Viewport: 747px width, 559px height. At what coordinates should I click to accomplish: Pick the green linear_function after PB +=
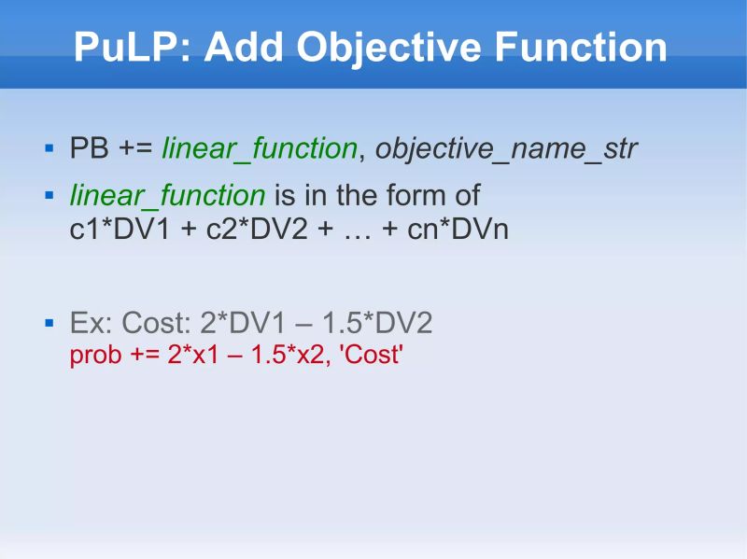point(260,148)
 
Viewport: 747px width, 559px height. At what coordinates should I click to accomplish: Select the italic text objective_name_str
point(506,148)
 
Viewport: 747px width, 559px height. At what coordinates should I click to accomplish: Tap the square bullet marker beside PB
point(50,147)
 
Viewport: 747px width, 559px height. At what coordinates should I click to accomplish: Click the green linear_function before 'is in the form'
point(168,196)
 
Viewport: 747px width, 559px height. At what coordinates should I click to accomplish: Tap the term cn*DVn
point(458,229)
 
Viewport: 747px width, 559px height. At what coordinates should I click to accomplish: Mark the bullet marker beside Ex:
point(50,324)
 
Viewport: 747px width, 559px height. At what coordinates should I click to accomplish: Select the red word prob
point(94,356)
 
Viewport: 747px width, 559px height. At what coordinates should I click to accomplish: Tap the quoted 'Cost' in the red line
point(373,356)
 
